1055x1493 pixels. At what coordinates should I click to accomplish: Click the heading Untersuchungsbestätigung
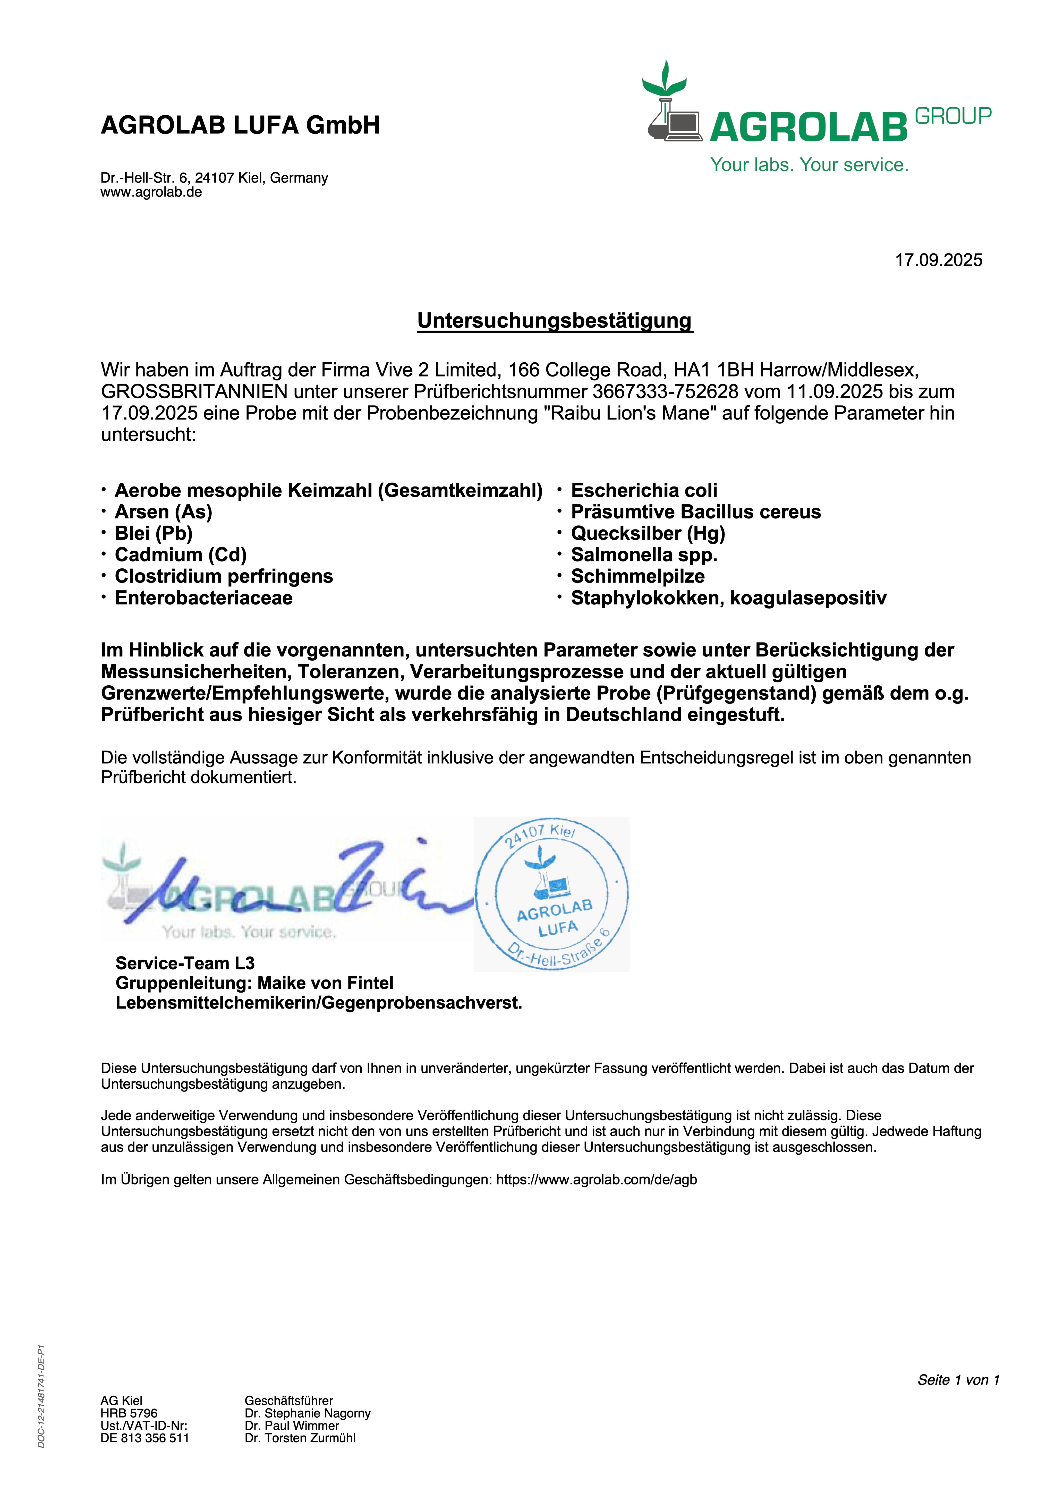555,321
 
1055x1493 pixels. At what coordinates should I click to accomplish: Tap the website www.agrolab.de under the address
151,192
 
